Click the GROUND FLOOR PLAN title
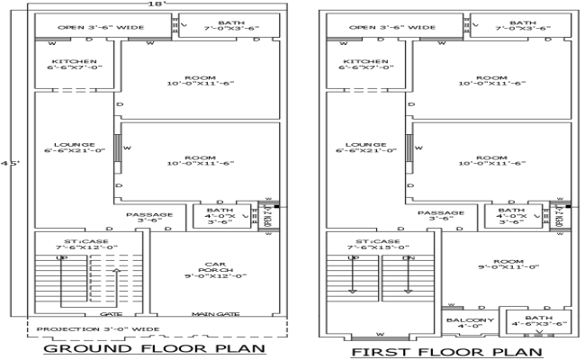154,349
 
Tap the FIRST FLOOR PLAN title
445,352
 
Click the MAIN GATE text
213,314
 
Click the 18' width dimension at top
155,4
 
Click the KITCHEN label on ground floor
76,65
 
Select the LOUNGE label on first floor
365,148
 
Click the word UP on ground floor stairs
62,258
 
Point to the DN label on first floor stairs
408,258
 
